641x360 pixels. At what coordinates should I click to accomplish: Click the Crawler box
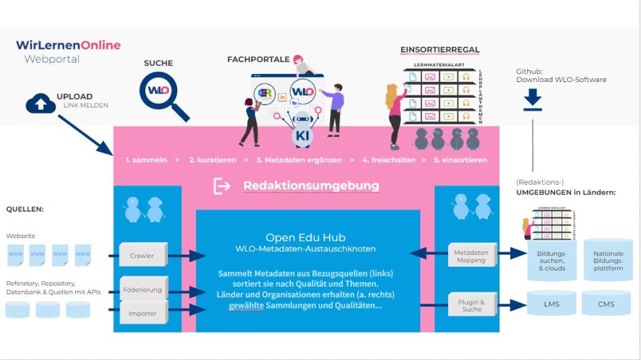pos(142,255)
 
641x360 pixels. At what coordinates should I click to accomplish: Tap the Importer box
pos(143,313)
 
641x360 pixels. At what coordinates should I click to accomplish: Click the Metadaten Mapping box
pos(471,256)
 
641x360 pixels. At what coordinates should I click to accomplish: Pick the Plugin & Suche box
pos(472,305)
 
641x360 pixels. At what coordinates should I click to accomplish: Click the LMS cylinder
pos(551,304)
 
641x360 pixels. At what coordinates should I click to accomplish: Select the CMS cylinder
pos(606,304)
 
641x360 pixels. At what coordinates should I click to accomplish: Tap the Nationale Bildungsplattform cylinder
pos(608,260)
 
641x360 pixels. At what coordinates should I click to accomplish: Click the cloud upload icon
pos(41,103)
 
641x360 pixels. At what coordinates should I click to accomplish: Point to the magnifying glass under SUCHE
pos(161,93)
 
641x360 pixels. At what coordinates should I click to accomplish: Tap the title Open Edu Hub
pos(305,237)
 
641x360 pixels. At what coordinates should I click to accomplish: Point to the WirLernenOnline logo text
pos(68,45)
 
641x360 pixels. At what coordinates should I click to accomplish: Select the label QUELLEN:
pos(25,209)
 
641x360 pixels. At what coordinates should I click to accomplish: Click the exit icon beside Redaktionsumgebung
pos(222,186)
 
